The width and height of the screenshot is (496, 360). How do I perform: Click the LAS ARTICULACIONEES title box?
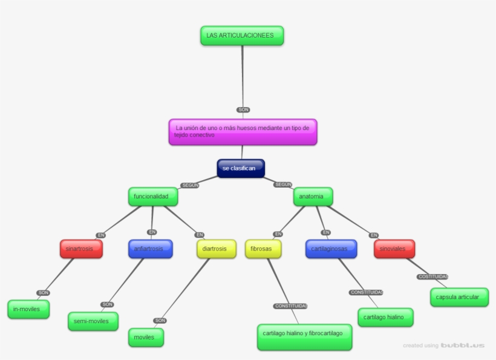(x=241, y=36)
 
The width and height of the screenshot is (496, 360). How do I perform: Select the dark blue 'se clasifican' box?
(x=240, y=168)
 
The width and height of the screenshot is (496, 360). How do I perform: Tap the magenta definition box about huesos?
(x=242, y=132)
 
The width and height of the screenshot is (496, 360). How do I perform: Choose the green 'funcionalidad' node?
(x=153, y=197)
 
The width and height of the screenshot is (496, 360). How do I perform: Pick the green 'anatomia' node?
(x=313, y=197)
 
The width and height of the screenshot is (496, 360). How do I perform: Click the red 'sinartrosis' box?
(x=80, y=249)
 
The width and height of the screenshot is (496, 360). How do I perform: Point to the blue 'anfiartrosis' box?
(x=150, y=249)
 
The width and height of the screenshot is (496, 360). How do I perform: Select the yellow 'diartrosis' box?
(x=216, y=249)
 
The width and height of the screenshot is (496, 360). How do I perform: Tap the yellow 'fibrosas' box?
(x=263, y=249)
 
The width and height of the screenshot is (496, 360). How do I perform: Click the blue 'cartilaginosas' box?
(x=331, y=249)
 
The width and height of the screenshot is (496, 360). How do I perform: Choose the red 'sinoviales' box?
(x=394, y=249)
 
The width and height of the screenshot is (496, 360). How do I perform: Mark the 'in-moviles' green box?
(x=28, y=309)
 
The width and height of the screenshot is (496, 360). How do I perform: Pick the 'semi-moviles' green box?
(x=93, y=321)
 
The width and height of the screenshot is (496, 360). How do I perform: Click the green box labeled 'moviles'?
(x=145, y=337)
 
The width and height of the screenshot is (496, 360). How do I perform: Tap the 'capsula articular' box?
(x=458, y=297)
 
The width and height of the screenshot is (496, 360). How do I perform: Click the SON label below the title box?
(x=243, y=110)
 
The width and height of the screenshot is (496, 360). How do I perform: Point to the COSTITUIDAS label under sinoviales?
(x=432, y=277)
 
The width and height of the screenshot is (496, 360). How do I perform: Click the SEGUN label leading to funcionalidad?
(x=189, y=185)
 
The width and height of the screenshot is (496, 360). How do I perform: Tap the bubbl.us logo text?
(x=462, y=345)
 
